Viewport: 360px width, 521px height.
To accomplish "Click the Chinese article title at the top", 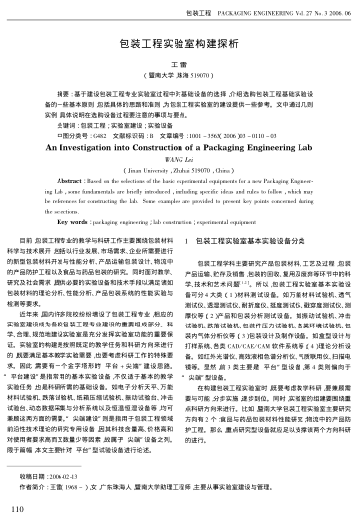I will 180,46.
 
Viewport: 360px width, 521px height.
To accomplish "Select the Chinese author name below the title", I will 180,63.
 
